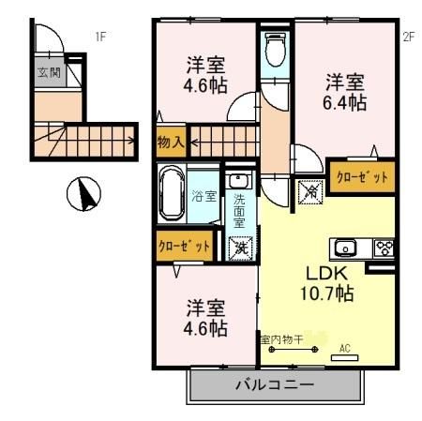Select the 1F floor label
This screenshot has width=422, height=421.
tap(100, 38)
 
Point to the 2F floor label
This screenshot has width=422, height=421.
tap(408, 38)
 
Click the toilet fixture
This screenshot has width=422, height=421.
tap(276, 51)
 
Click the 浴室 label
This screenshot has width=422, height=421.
tap(204, 196)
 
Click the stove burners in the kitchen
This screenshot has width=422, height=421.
tap(383, 248)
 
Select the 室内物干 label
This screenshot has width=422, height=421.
tap(281, 339)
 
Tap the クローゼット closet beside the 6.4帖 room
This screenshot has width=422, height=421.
tap(361, 176)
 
